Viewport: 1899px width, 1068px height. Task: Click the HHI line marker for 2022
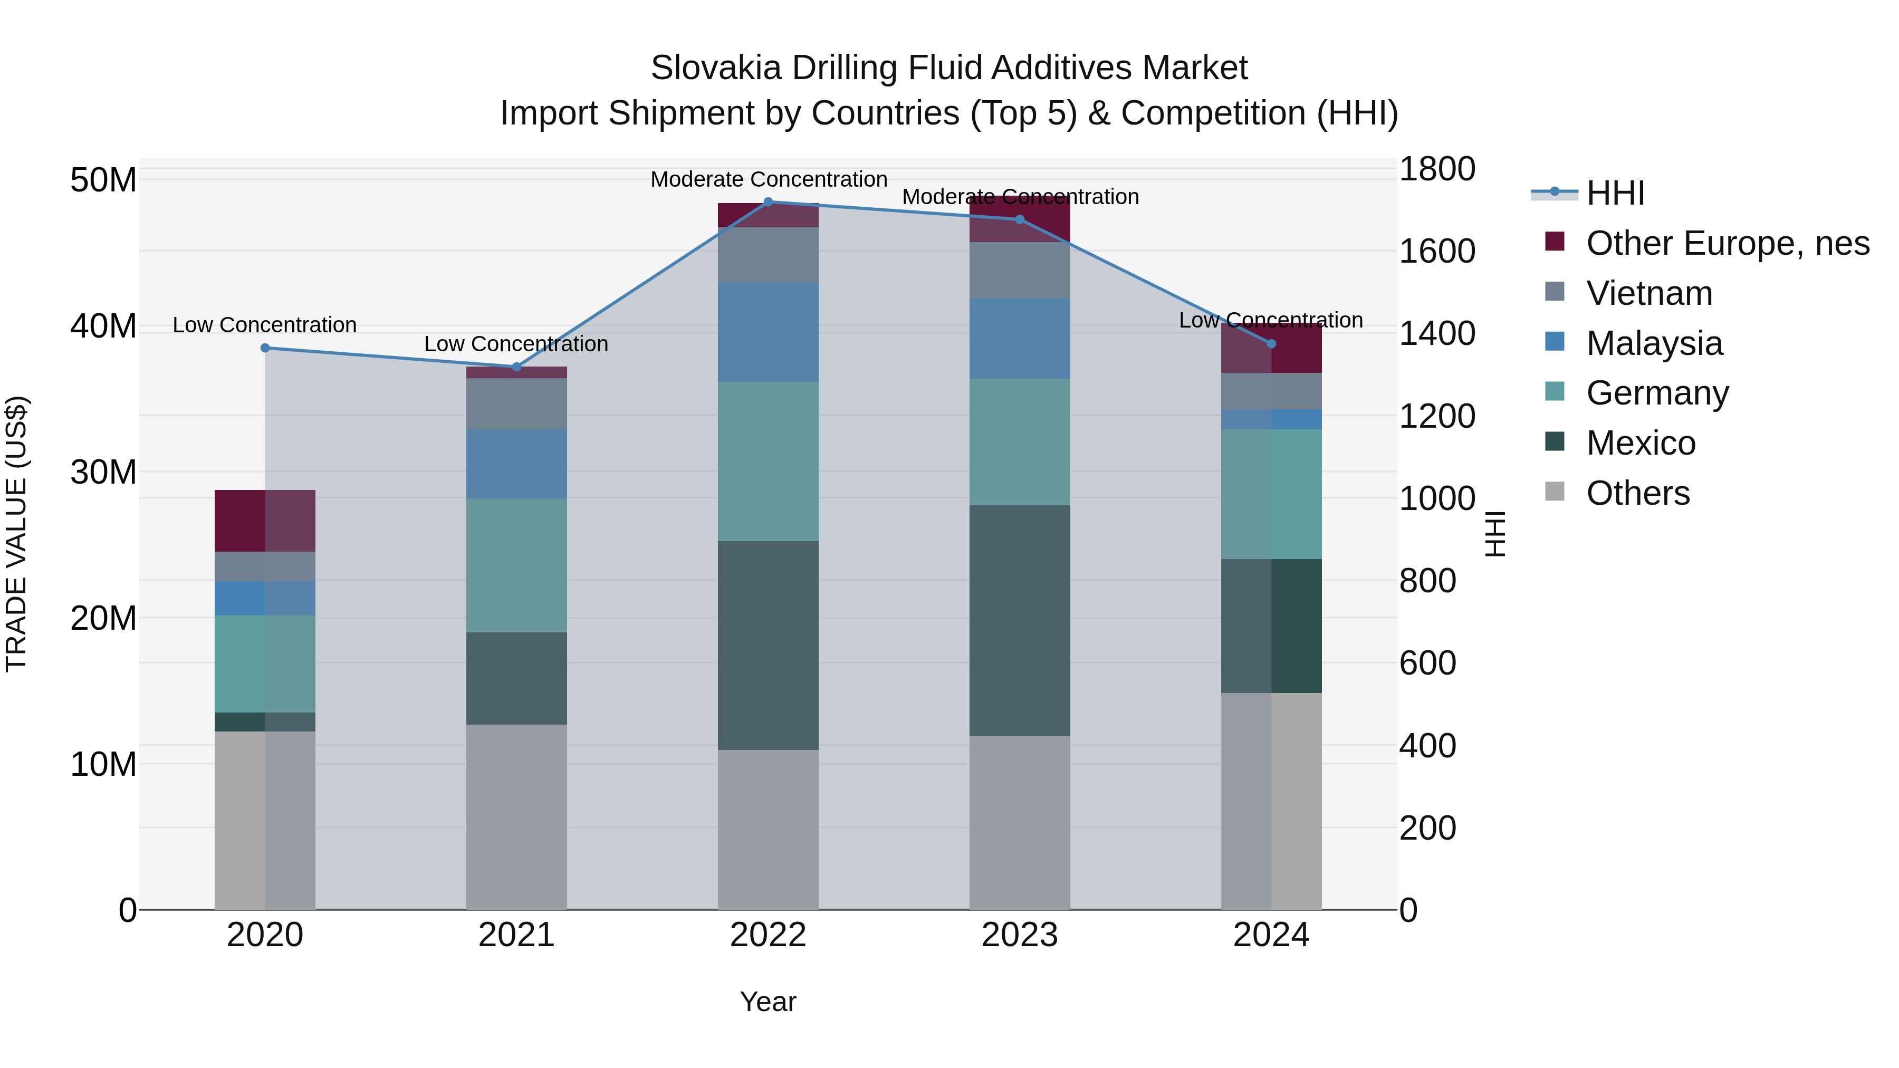point(768,202)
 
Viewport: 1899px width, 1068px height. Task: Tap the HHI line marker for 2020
point(265,348)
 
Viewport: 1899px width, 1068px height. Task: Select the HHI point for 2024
point(1271,343)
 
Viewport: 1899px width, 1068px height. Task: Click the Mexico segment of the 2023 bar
point(1020,621)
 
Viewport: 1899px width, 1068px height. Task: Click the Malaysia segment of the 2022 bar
point(768,332)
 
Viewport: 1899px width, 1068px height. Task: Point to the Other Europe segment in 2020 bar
point(265,521)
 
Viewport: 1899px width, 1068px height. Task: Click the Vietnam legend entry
point(1649,293)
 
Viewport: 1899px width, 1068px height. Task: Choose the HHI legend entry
point(1615,193)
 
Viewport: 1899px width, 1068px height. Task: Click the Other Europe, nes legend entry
point(1727,243)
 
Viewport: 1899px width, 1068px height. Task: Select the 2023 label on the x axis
point(1020,935)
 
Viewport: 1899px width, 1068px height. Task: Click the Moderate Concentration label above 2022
point(768,179)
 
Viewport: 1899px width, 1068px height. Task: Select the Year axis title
point(768,1002)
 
